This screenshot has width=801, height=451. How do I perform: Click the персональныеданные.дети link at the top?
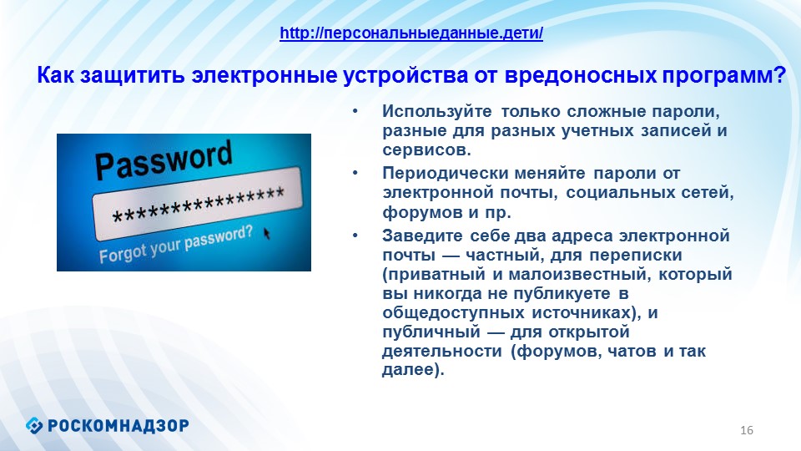click(x=411, y=33)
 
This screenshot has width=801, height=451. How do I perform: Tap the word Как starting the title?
click(x=56, y=75)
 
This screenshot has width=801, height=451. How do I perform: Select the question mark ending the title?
click(x=779, y=75)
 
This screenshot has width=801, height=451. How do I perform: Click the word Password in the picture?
click(x=164, y=160)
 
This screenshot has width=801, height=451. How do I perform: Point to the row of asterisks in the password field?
click(x=199, y=206)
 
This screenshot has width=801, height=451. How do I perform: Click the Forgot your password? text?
click(x=176, y=245)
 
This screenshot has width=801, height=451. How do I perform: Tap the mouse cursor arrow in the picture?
click(x=267, y=234)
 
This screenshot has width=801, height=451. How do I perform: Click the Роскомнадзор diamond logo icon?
click(x=34, y=425)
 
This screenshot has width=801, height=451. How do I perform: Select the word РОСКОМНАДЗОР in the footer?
click(x=118, y=425)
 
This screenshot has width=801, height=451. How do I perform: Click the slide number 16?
click(x=746, y=430)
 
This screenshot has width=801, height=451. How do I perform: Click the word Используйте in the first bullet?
click(x=436, y=111)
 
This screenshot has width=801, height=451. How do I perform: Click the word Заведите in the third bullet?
click(x=422, y=236)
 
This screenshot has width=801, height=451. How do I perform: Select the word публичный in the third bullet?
click(x=431, y=332)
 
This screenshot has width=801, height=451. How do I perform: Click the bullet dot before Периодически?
click(x=355, y=174)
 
